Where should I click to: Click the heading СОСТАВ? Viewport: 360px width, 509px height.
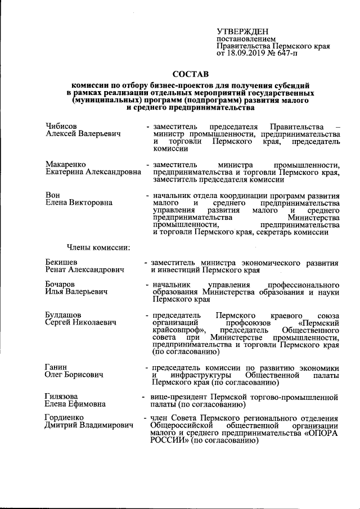click(x=190, y=74)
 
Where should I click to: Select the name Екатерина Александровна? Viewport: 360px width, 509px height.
click(x=93, y=172)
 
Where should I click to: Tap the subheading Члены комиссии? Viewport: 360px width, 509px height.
click(x=98, y=246)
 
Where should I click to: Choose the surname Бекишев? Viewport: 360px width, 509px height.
click(x=62, y=262)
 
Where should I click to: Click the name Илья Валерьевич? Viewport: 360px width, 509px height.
click(x=75, y=292)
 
